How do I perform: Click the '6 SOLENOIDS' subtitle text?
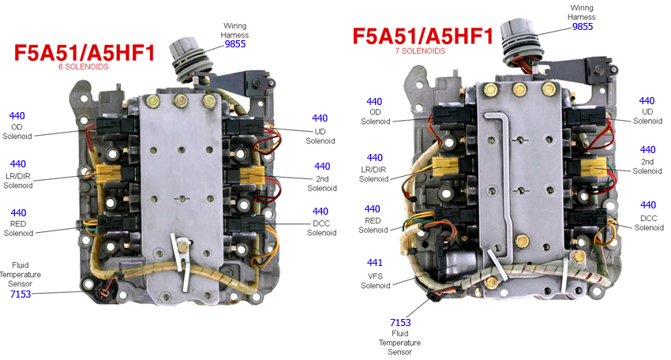83,67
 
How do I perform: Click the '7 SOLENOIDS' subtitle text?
420,51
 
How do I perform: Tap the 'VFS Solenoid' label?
375,279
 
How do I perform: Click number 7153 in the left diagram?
20,294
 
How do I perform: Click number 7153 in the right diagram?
400,322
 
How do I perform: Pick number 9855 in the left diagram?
235,44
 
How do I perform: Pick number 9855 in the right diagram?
582,26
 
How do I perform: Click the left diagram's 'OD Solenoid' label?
17,132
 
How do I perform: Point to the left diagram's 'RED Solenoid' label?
17,227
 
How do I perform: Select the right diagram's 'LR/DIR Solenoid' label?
374,174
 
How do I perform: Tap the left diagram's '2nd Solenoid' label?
321,183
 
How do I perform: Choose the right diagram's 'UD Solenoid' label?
647,117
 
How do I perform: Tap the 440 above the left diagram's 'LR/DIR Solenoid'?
17,163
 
